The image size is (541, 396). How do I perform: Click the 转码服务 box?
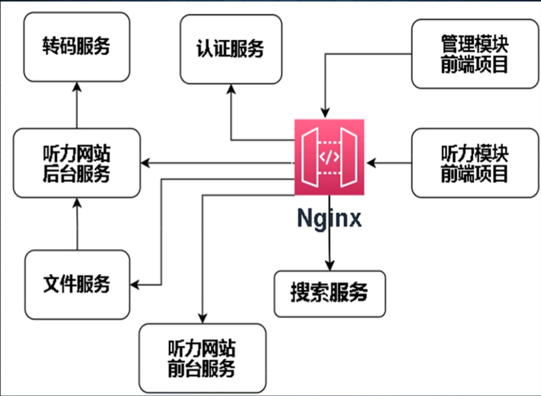pyautogui.click(x=76, y=47)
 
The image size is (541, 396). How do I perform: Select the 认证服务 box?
pyautogui.click(x=231, y=49)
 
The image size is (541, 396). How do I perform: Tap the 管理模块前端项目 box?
pyautogui.click(x=475, y=54)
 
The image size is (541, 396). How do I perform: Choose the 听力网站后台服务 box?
pyautogui.click(x=76, y=163)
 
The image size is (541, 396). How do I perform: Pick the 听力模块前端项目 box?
pyautogui.click(x=475, y=163)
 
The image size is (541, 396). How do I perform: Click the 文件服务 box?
pyautogui.click(x=78, y=284)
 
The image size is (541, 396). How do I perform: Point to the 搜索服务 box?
pyautogui.click(x=330, y=294)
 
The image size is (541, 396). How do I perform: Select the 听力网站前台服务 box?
pyautogui.click(x=203, y=358)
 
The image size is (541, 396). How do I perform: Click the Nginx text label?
pyautogui.click(x=329, y=218)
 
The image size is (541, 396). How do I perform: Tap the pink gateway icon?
pyautogui.click(x=329, y=157)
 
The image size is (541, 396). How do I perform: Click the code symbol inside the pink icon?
pyautogui.click(x=329, y=157)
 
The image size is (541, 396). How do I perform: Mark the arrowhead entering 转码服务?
pyautogui.click(x=77, y=86)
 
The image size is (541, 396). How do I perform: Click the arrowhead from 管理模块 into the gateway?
pyautogui.click(x=325, y=113)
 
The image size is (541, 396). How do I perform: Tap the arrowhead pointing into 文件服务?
pyautogui.click(x=135, y=285)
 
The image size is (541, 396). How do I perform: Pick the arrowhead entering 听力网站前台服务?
pyautogui.click(x=203, y=318)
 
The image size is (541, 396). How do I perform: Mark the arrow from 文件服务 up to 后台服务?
pyautogui.click(x=78, y=224)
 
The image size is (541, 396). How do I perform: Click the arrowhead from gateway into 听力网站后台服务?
pyautogui.click(x=145, y=163)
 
